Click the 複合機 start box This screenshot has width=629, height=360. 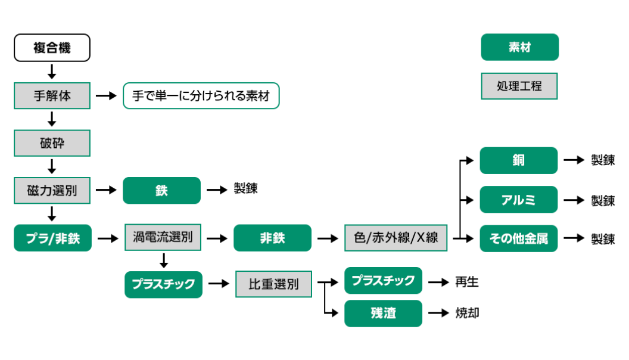tap(52, 48)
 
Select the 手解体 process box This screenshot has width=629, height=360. tap(52, 95)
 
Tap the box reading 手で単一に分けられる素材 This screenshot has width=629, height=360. tap(201, 95)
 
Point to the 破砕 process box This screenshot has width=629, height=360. tap(52, 143)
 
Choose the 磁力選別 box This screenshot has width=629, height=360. tap(52, 191)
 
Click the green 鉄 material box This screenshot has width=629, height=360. tap(161, 191)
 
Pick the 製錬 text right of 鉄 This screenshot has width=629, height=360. tap(245, 189)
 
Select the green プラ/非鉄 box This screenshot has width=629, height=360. tap(52, 238)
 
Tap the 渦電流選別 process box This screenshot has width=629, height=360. tap(163, 238)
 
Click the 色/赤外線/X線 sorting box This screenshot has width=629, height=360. tap(396, 238)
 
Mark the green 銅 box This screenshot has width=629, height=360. tap(518, 160)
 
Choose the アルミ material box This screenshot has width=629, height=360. tap(518, 200)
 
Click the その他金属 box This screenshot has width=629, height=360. tap(518, 238)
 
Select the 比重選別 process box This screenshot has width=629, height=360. tap(273, 284)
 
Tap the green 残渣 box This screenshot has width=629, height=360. tap(383, 313)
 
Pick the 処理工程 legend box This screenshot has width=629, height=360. tap(519, 86)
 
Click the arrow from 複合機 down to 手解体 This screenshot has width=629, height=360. tap(52, 72)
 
